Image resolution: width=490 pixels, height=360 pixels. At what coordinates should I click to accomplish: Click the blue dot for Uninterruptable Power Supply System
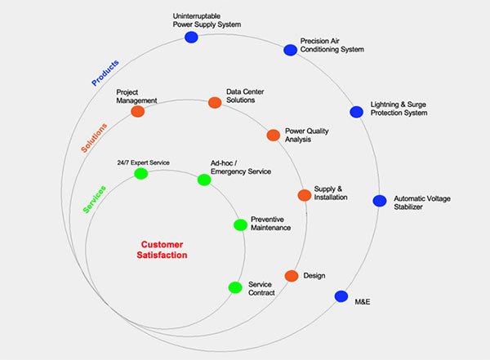click(191, 38)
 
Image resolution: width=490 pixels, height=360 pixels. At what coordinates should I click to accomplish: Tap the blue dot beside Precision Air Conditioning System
click(290, 51)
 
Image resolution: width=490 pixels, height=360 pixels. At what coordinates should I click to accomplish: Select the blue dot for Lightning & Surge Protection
click(356, 112)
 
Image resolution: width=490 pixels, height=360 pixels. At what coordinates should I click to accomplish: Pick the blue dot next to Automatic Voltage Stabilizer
click(380, 201)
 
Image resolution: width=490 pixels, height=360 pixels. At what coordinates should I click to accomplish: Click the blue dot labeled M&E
click(341, 296)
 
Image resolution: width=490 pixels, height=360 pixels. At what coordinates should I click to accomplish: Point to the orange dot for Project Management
click(137, 111)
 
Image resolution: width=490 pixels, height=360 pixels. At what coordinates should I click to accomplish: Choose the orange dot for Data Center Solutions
click(215, 103)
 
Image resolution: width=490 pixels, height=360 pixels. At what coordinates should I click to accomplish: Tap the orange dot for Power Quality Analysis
click(274, 135)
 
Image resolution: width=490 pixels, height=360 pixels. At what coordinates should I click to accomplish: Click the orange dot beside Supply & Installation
click(305, 195)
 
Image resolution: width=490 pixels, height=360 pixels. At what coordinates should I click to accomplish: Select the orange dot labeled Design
click(291, 276)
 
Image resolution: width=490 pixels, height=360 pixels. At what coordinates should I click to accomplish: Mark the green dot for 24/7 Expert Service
click(140, 173)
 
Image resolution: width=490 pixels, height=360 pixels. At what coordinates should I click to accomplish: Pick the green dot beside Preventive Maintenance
click(240, 224)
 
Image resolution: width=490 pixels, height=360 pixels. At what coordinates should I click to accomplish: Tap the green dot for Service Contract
click(234, 287)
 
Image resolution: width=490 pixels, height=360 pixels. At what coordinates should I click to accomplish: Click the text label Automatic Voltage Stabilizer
click(421, 203)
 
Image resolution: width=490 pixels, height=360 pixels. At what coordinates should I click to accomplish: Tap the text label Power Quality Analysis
click(306, 135)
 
